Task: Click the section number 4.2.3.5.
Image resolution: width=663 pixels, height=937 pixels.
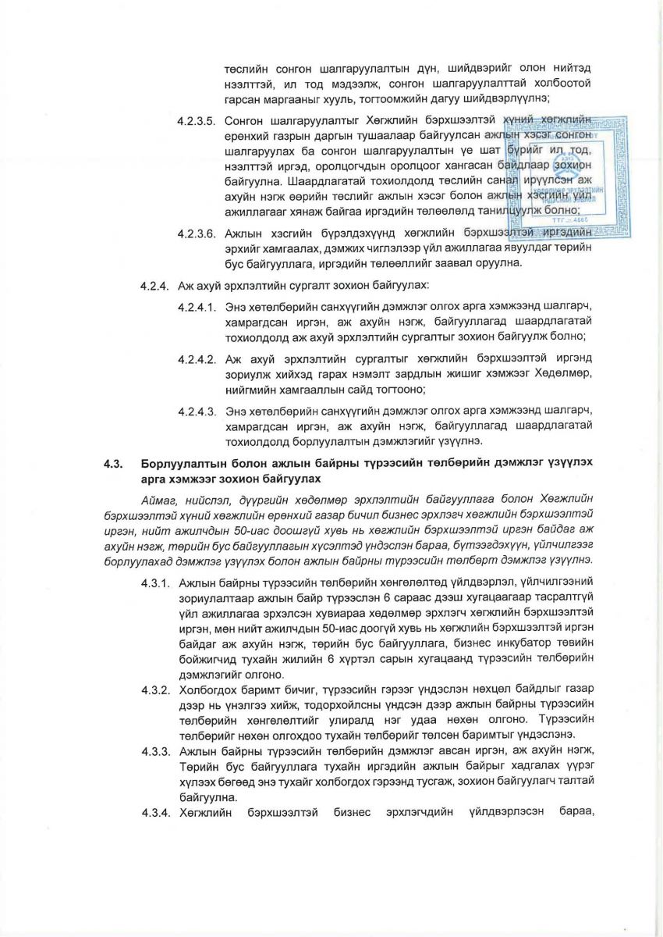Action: [x=196, y=122]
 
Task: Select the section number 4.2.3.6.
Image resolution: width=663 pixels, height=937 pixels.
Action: [x=196, y=233]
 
